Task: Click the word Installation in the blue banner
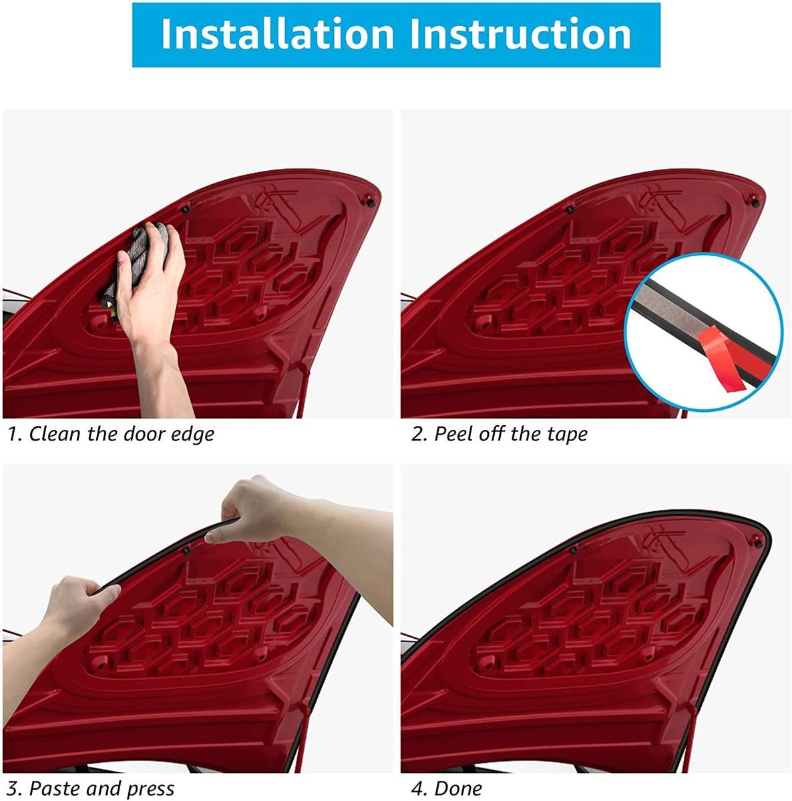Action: pyautogui.click(x=277, y=34)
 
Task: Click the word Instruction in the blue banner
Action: pyautogui.click(x=521, y=34)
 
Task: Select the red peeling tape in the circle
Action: pyautogui.click(x=721, y=360)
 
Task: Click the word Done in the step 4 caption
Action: pyautogui.click(x=458, y=788)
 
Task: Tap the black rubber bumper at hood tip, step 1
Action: pyautogui.click(x=370, y=202)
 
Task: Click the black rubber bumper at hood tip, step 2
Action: pyautogui.click(x=755, y=203)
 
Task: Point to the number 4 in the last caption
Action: pyautogui.click(x=417, y=788)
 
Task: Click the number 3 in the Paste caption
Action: pyautogui.click(x=13, y=788)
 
